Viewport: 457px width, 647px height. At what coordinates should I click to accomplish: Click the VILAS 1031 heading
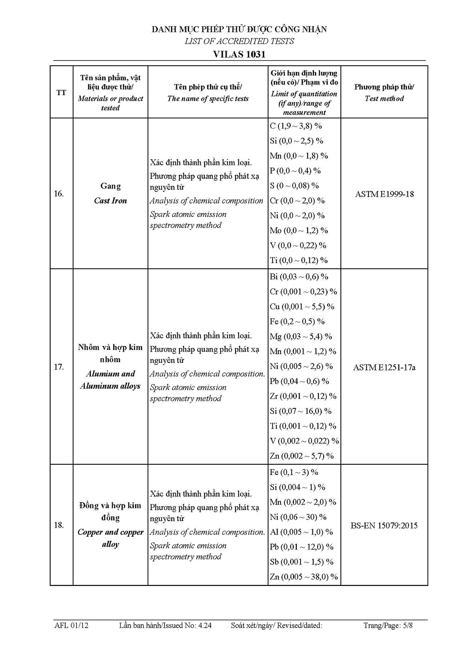click(x=239, y=54)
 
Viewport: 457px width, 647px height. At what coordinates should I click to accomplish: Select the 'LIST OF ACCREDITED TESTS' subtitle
click(x=239, y=41)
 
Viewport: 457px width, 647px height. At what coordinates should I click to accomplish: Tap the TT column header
click(x=61, y=93)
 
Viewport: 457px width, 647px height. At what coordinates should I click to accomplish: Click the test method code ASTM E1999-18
click(x=384, y=194)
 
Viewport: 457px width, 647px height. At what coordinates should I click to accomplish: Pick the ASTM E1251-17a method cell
click(x=384, y=367)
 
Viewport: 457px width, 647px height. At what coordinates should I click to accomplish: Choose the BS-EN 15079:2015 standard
click(x=384, y=525)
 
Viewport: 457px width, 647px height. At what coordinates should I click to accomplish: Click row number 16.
click(x=59, y=194)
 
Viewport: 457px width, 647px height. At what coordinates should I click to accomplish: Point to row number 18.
click(x=59, y=525)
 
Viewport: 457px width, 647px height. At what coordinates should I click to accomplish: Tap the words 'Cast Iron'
click(x=110, y=201)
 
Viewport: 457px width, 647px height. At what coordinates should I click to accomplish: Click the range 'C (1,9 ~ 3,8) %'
click(x=296, y=126)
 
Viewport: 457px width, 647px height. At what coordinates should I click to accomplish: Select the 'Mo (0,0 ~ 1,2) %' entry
click(x=299, y=231)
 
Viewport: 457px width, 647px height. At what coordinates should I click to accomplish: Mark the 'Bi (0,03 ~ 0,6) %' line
click(x=299, y=277)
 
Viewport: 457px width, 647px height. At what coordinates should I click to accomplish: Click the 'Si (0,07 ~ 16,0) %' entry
click(x=301, y=411)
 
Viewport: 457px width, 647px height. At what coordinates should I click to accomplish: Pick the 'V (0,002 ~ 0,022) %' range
click(x=304, y=441)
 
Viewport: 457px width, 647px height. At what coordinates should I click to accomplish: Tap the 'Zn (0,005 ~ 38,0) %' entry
click(x=304, y=577)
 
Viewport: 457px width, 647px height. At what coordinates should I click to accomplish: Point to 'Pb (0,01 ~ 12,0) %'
click(x=301, y=547)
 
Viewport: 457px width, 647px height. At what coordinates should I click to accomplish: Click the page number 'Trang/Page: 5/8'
click(x=388, y=626)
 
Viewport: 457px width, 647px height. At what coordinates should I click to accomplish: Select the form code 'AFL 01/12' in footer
click(x=71, y=626)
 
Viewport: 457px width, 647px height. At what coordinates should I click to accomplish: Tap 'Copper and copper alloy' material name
click(x=111, y=538)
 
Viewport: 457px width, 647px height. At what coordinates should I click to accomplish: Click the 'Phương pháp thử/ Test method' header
click(x=384, y=93)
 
